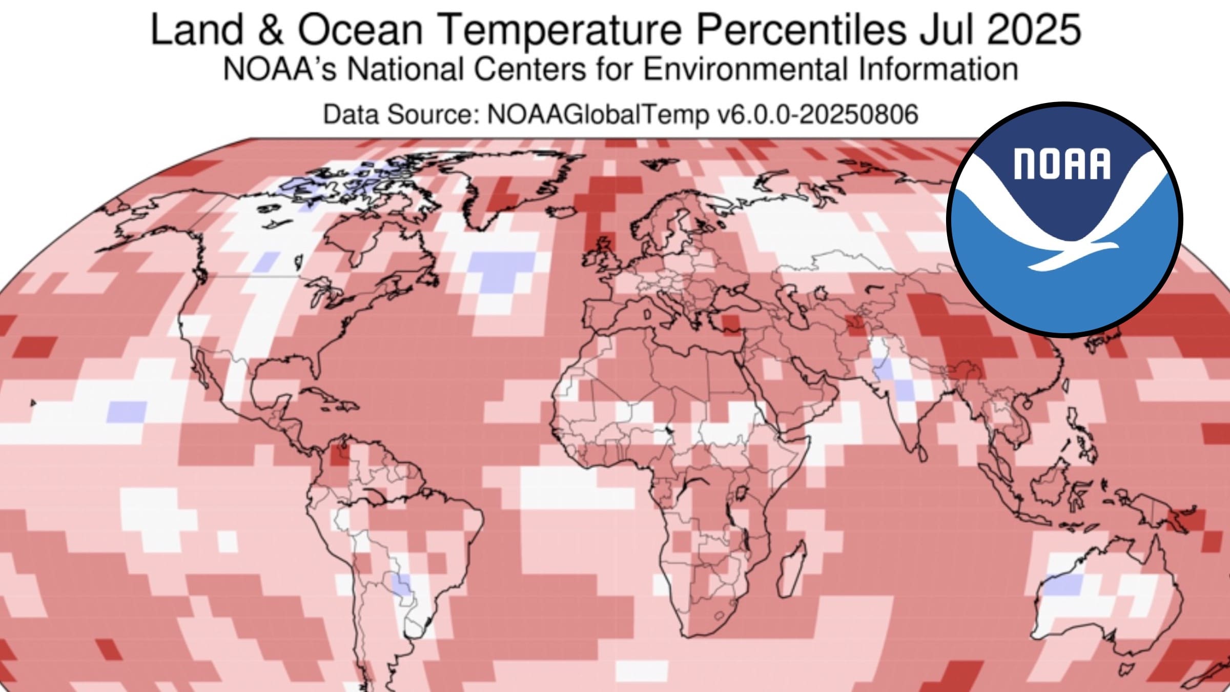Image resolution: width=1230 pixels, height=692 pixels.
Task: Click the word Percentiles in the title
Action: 801,30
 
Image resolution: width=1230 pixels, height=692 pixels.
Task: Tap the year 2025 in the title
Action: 1034,30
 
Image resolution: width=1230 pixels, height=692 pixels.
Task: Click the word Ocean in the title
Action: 360,30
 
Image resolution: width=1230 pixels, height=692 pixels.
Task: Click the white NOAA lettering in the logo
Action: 1062,164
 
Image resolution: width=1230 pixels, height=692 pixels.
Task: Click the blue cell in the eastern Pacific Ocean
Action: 127,412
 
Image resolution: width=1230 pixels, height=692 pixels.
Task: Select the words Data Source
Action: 400,114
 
